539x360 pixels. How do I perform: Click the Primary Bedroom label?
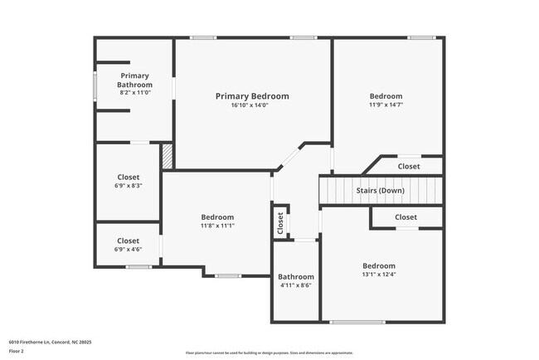click(252, 96)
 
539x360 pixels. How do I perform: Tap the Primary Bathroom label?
click(134, 80)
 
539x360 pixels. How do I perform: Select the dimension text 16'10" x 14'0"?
click(252, 105)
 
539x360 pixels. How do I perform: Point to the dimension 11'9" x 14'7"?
click(386, 105)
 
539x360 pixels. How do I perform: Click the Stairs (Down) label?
click(381, 191)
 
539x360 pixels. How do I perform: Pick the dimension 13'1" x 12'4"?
click(378, 275)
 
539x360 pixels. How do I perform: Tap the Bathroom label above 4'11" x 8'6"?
click(296, 277)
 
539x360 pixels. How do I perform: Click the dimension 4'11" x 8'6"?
click(296, 286)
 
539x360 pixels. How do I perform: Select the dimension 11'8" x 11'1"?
click(217, 226)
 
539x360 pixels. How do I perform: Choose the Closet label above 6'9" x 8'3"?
click(129, 177)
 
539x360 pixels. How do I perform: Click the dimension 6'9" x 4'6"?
click(129, 250)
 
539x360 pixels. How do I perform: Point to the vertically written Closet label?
click(280, 221)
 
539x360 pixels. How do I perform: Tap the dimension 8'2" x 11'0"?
click(134, 93)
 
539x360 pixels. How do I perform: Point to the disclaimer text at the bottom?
click(269, 352)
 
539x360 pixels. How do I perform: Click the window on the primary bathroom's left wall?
click(95, 86)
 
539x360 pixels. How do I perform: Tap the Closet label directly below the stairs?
click(405, 217)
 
